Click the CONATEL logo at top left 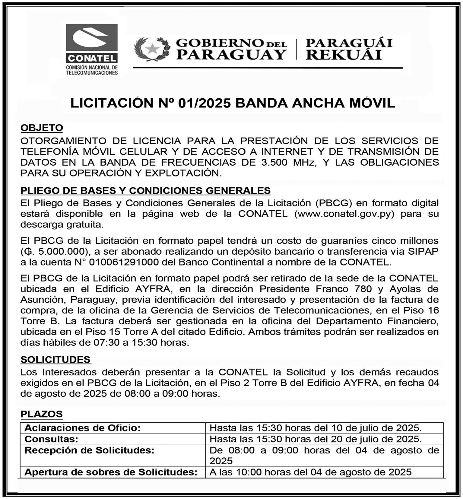pos(92,49)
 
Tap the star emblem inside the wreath pos(152,48)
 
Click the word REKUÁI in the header pos(344,55)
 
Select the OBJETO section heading pos(42,128)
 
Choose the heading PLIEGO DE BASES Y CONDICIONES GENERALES pos(145,190)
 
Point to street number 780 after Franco pos(363,289)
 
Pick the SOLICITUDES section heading pos(55,359)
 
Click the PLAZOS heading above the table pos(42,414)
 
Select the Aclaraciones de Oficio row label pos(82,428)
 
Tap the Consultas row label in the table pos(51,439)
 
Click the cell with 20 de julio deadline pos(316,439)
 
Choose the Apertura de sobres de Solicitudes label pos(111,472)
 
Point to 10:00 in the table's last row pos(245,472)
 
